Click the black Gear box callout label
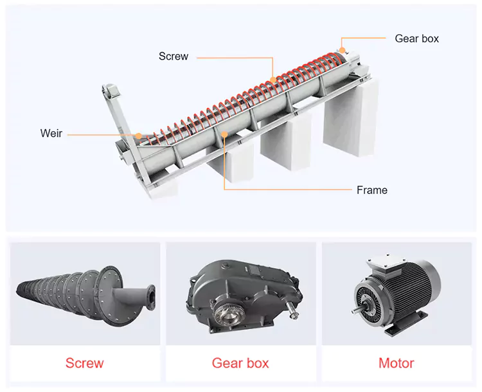(x=416, y=39)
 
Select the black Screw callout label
(x=174, y=57)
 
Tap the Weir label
(x=51, y=133)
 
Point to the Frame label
(x=372, y=190)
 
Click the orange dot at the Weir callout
(x=139, y=136)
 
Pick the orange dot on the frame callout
(x=224, y=134)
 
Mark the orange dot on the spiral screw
(x=273, y=80)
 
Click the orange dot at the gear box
(x=342, y=50)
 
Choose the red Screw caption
(x=85, y=363)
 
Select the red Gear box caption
(x=240, y=363)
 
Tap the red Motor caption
(x=397, y=363)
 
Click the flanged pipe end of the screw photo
(x=151, y=298)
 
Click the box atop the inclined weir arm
(x=111, y=91)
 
